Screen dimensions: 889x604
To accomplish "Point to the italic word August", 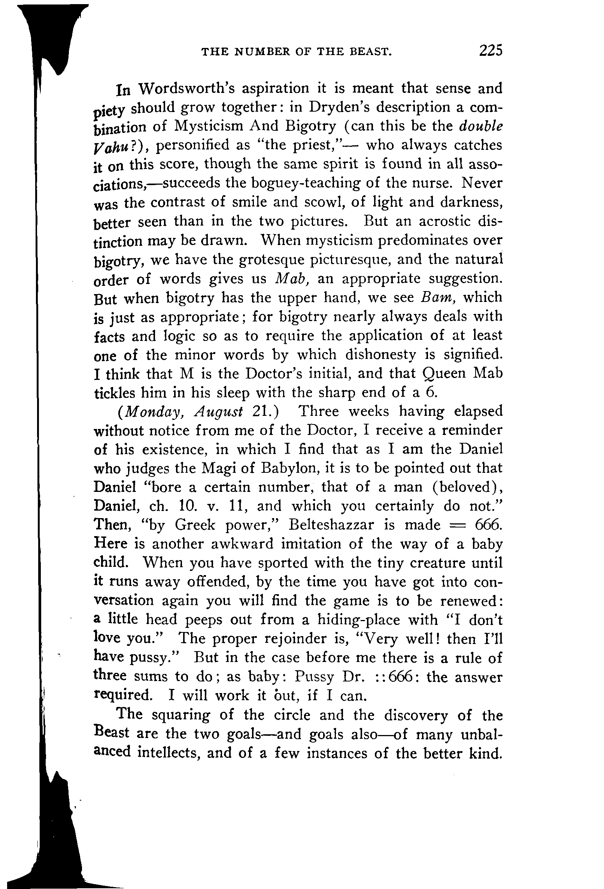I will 218,412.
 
